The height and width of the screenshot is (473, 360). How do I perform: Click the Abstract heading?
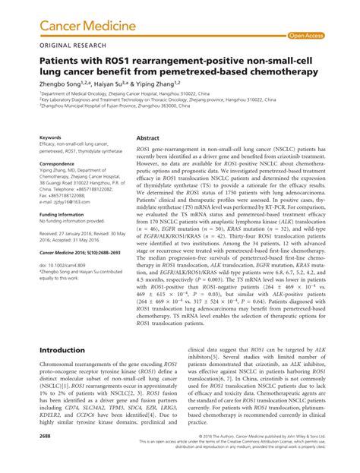click(x=147, y=140)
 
